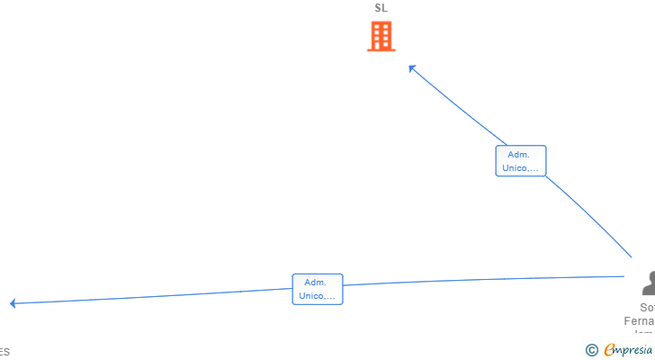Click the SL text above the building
coord(381,8)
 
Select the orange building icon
coord(381,37)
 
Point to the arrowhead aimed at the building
coord(412,67)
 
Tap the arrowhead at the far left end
coord(13,303)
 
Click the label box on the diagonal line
coord(520,161)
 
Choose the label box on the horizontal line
coord(317,289)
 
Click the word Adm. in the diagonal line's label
coord(520,154)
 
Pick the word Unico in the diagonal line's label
coord(517,167)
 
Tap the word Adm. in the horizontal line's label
coord(317,282)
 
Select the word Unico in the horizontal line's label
coord(314,295)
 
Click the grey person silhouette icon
coord(648,283)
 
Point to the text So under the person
coord(647,308)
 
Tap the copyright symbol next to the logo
coord(591,350)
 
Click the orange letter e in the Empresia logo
coord(609,350)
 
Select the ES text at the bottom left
coord(4,352)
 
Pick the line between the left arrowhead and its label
coord(153,297)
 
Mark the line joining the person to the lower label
coord(486,281)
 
